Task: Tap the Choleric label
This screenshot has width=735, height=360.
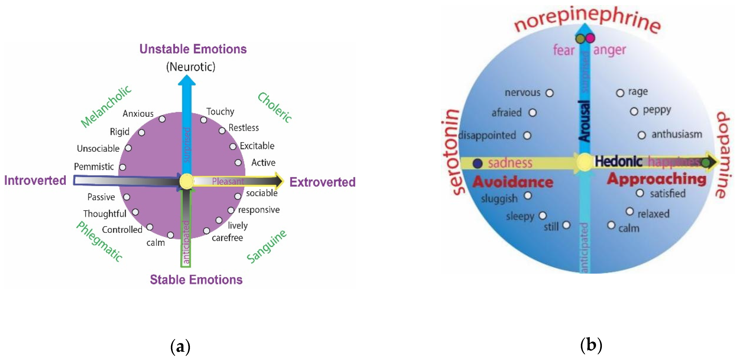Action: (274, 108)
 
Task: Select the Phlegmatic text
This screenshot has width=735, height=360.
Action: (100, 241)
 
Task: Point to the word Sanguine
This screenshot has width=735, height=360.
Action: (266, 246)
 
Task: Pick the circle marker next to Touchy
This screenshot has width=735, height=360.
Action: (203, 120)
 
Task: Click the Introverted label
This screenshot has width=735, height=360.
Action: (35, 180)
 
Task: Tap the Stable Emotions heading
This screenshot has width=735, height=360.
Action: (196, 279)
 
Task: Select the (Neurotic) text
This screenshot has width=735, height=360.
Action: (191, 67)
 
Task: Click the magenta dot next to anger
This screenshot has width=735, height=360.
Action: (590, 38)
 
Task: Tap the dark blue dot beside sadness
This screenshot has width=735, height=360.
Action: (477, 163)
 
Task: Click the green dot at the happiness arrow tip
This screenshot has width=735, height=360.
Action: (705, 163)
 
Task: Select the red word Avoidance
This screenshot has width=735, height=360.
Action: (513, 182)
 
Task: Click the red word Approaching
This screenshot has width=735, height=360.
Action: (657, 179)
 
